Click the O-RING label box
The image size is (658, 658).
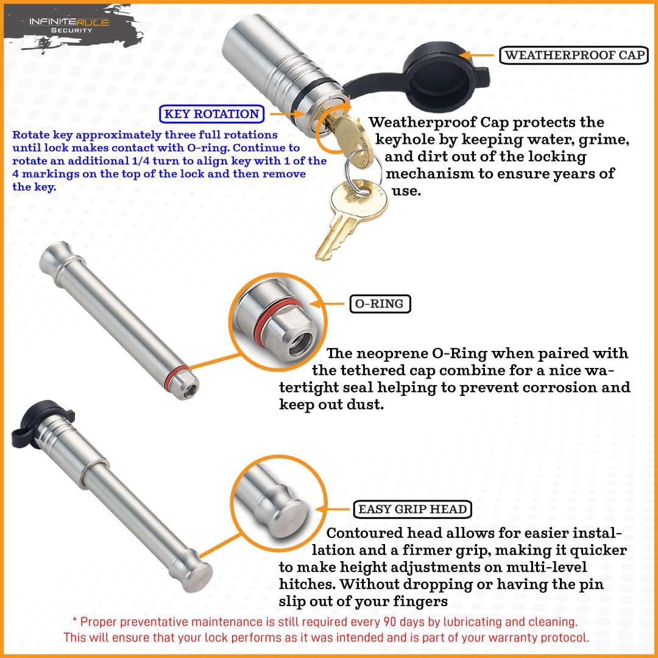[x=380, y=303]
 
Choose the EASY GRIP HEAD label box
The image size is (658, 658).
[x=412, y=509]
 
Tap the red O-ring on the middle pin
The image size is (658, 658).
[x=177, y=372]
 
